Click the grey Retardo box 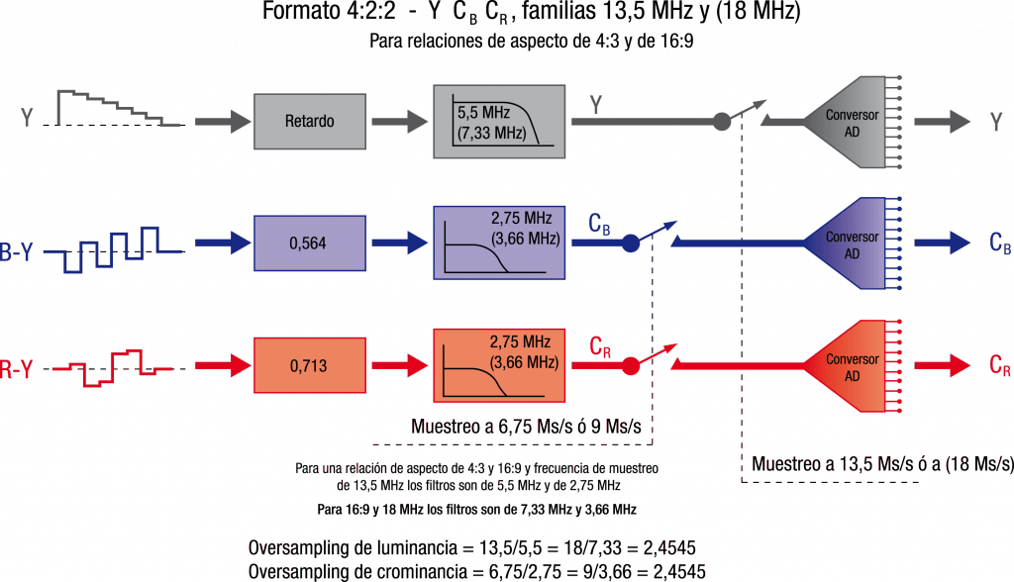click(x=309, y=122)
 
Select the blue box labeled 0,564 click(x=309, y=242)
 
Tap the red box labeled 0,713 click(x=309, y=364)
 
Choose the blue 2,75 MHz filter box click(x=499, y=242)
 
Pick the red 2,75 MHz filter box click(x=499, y=364)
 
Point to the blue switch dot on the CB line click(x=629, y=243)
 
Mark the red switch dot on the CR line click(x=629, y=367)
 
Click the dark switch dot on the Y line click(x=724, y=122)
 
